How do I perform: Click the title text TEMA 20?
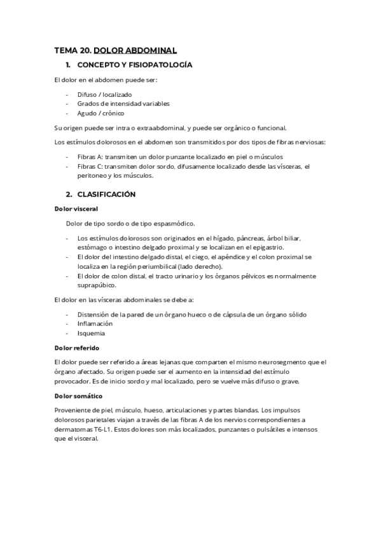point(72,50)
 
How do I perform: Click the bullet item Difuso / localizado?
point(104,94)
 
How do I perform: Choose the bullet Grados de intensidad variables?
point(123,103)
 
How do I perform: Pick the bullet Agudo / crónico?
point(100,113)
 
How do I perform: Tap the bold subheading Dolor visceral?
point(76,208)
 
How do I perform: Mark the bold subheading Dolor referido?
point(77,348)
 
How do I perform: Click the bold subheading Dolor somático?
point(78,396)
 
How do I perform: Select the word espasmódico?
point(171,223)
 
